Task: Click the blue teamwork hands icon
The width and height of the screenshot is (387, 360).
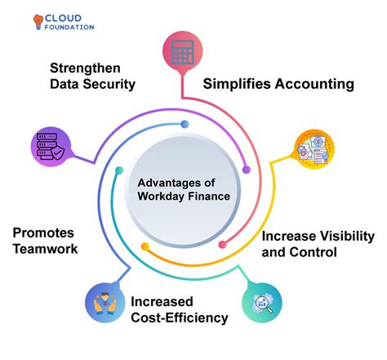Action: (x=106, y=304)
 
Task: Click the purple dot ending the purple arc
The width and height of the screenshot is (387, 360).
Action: (x=247, y=170)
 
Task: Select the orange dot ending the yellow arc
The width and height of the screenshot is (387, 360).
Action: (x=145, y=245)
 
